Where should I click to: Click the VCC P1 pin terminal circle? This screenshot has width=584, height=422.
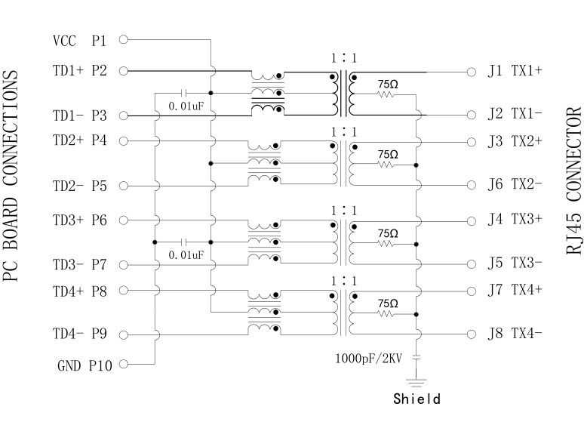123,39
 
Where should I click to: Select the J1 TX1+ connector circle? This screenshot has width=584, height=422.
472,72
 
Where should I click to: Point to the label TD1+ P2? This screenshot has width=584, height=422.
80,71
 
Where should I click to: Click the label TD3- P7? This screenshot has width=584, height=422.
80,265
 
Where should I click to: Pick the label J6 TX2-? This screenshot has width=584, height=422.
515,185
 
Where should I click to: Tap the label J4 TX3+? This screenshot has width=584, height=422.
515,220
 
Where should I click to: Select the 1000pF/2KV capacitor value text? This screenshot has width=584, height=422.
369,358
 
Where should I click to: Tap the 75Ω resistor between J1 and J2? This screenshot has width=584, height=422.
387,95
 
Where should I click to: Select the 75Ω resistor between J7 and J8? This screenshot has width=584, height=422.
387,313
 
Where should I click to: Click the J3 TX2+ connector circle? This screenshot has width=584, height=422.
472,141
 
